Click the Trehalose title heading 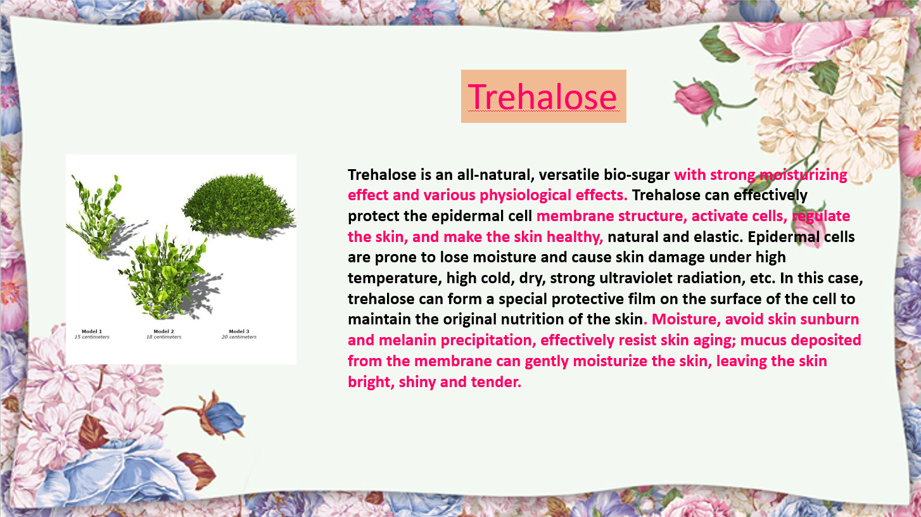542,97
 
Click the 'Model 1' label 92,331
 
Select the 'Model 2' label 163,331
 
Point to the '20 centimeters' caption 239,337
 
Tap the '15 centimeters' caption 92,337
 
